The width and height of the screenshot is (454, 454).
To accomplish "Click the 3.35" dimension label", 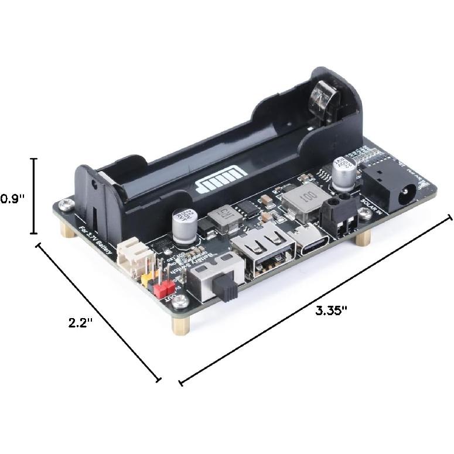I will point(332,310).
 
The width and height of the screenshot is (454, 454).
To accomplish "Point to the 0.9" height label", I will point(12,199).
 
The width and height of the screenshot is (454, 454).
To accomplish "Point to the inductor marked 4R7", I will point(223,218).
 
